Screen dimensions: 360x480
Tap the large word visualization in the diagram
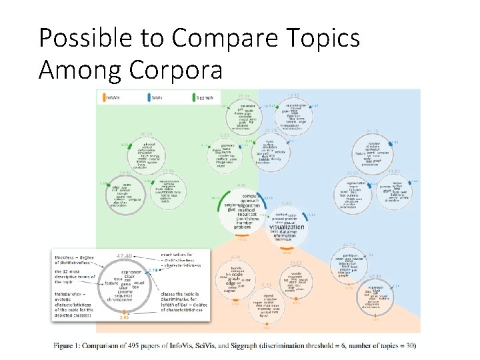[286, 227]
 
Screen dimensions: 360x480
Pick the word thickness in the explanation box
[69, 256]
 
